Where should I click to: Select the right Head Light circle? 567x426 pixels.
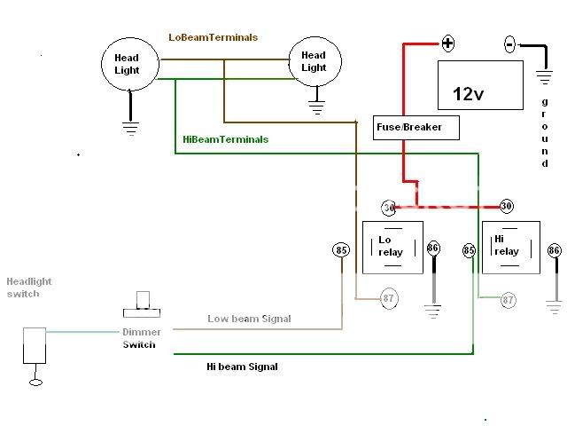314,60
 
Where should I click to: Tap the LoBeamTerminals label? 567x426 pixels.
214,37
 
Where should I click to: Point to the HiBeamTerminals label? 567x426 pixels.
225,139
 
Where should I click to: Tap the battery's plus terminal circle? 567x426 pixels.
448,43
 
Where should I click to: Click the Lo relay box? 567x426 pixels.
391,246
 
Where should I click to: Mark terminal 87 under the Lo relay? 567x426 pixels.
388,299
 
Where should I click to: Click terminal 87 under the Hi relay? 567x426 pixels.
508,300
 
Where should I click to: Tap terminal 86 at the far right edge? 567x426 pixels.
554,251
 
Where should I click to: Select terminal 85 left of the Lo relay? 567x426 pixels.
341,250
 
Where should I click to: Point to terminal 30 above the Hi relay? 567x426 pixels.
506,207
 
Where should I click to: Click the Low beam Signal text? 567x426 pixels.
249,319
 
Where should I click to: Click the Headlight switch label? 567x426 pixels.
23,288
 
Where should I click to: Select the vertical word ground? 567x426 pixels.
545,133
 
